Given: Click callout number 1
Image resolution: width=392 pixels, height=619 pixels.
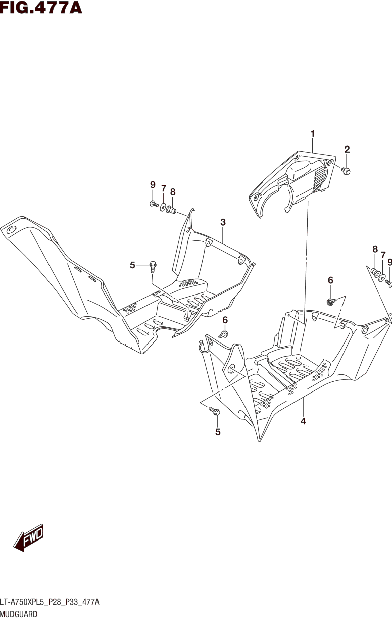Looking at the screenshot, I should tap(312, 134).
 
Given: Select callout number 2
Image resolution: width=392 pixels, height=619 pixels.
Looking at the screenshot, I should tap(347, 149).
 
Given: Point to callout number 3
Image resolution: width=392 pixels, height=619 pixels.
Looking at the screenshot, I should tap(223, 222).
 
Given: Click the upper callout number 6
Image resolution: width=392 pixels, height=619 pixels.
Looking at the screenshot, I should tap(330, 280).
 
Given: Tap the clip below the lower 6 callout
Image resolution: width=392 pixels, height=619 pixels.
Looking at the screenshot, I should tap(224, 334).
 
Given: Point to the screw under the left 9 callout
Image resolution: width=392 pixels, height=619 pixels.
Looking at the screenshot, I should tap(154, 204).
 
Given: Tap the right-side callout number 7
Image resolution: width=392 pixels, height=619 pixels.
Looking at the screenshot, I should tap(383, 255).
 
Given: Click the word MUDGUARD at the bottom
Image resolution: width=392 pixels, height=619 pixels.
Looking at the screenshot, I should tap(19, 614).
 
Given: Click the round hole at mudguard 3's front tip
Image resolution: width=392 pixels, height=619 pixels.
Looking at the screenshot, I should tap(11, 230).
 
